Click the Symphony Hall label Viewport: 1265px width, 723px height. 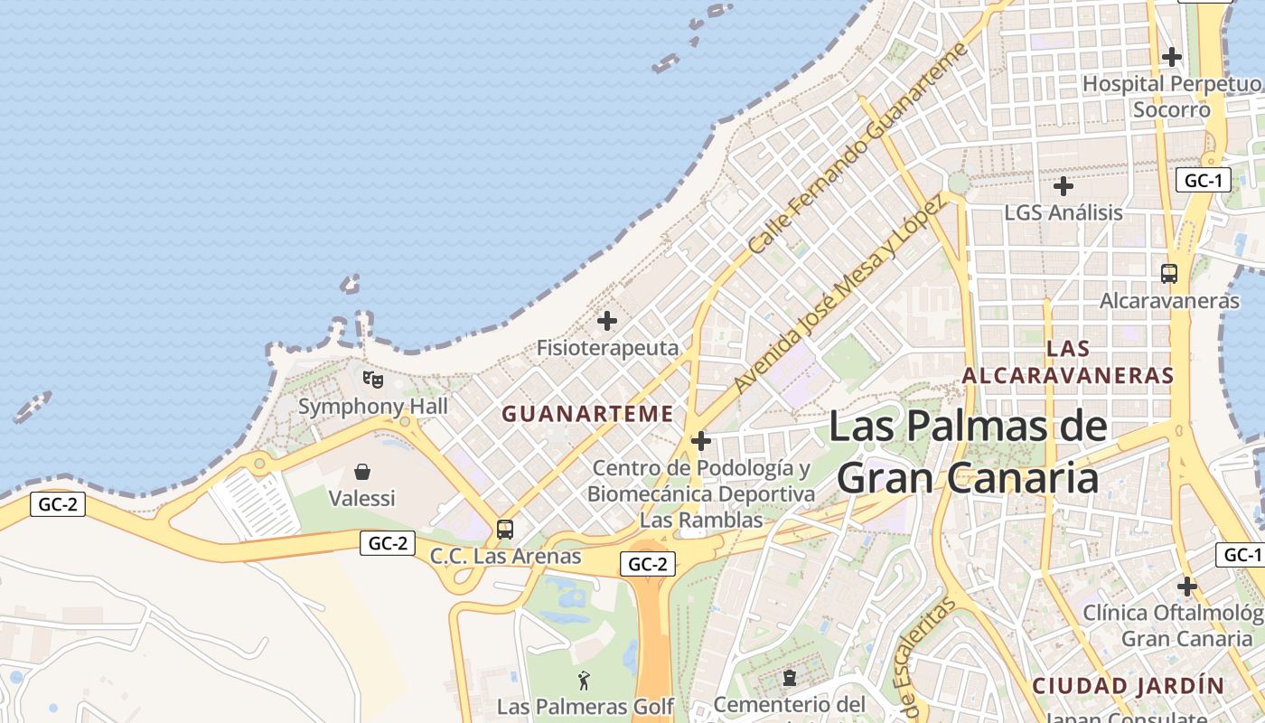(373, 407)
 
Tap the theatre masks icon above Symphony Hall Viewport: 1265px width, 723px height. (372, 379)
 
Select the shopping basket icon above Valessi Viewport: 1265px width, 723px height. (362, 472)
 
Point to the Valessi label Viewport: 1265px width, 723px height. (361, 498)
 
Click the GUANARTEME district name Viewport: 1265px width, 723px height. (587, 414)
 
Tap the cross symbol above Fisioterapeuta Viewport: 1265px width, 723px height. (607, 321)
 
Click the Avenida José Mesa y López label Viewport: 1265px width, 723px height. (840, 293)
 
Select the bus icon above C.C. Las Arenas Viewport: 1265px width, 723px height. (505, 530)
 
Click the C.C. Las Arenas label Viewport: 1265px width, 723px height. (505, 556)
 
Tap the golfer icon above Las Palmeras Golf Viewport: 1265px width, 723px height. (585, 681)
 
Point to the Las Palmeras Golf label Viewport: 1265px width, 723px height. (586, 706)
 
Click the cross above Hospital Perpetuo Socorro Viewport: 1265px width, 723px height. (1172, 57)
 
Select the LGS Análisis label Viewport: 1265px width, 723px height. (1064, 213)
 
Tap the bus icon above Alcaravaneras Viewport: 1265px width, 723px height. (1169, 273)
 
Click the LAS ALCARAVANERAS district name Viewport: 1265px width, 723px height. (1067, 362)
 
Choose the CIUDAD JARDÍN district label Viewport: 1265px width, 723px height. (1128, 685)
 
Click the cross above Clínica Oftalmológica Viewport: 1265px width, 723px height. (1187, 587)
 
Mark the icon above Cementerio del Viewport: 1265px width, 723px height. (790, 677)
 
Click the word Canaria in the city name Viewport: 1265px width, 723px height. (1012, 479)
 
